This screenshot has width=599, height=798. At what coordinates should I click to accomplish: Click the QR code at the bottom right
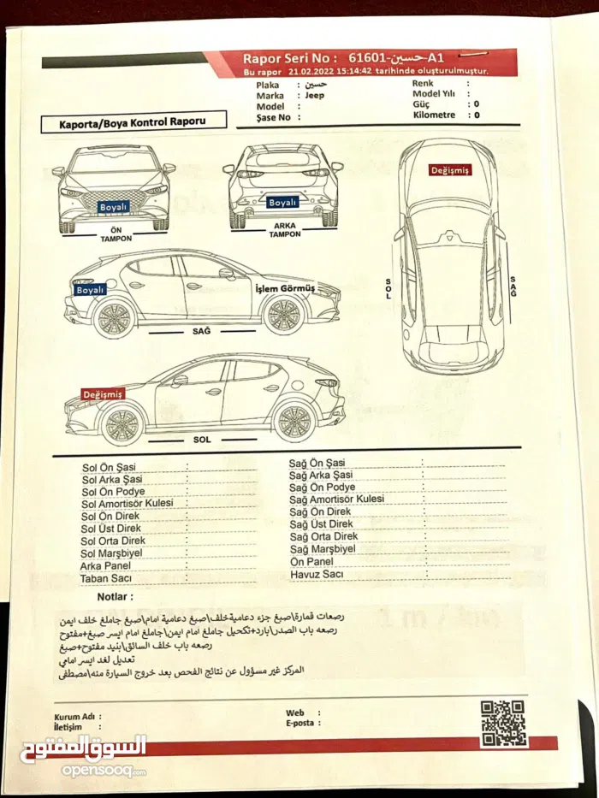(502, 723)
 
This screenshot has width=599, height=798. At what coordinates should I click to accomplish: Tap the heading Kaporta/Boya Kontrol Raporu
(133, 122)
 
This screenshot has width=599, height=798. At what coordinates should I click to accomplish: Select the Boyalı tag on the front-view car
(114, 207)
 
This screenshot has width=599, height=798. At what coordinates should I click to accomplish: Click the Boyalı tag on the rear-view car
(283, 203)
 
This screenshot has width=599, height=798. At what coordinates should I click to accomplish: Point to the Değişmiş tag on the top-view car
(449, 170)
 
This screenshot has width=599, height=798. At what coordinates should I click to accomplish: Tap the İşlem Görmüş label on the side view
(286, 288)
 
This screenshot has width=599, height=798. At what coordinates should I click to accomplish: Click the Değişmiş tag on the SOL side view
(104, 394)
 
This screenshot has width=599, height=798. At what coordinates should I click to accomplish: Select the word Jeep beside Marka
(315, 96)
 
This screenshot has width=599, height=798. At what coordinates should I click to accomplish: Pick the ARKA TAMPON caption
(285, 230)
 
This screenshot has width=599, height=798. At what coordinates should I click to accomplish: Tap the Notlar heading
(116, 596)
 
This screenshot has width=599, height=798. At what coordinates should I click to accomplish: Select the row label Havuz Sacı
(317, 574)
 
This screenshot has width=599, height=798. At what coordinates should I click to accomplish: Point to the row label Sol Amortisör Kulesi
(127, 504)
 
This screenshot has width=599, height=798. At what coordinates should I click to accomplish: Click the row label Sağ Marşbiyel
(323, 549)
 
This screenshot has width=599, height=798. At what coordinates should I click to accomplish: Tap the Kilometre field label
(434, 115)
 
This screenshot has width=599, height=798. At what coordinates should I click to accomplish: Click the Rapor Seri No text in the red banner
(295, 58)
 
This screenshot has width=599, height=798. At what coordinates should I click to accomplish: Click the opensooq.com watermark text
(103, 771)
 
